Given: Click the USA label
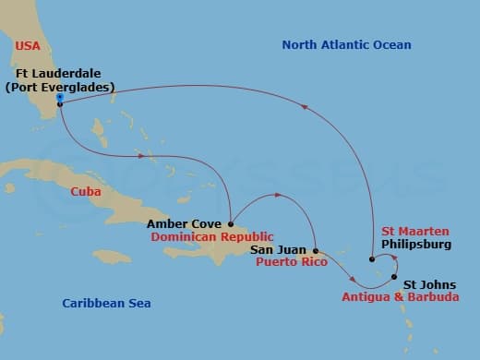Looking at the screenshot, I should (x=30, y=44).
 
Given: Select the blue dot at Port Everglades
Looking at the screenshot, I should (x=59, y=96).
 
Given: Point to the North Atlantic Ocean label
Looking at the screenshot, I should (x=346, y=44).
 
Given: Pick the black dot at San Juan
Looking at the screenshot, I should (x=316, y=250).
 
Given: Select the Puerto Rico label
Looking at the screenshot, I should (x=283, y=262).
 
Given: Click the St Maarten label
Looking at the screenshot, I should (x=414, y=231).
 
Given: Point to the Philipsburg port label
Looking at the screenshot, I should (x=416, y=245).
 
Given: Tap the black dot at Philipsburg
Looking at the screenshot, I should (x=371, y=259).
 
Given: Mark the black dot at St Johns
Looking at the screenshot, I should (x=394, y=278).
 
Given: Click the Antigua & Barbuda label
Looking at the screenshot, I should (x=400, y=297).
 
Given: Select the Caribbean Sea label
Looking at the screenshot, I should (x=106, y=303).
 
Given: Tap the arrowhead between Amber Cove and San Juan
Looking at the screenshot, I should (x=277, y=196).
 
